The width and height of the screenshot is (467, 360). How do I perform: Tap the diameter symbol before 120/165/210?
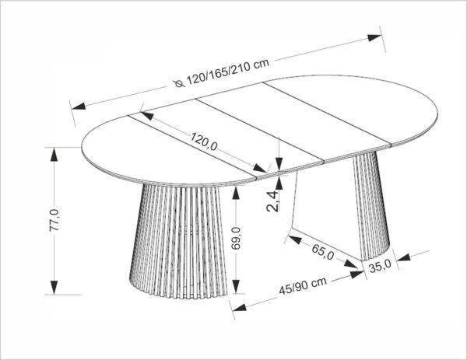tap(179, 84)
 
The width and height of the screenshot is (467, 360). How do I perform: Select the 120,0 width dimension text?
tap(204, 142)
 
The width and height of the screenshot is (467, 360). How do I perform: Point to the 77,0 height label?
tap(54, 220)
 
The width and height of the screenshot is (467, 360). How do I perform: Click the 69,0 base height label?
tap(236, 238)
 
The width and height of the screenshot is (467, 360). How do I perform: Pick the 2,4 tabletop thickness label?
tap(273, 201)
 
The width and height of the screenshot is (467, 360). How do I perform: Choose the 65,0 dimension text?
tap(323, 252)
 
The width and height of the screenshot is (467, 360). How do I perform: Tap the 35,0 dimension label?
tap(380, 267)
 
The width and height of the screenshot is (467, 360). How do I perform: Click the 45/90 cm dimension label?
tap(303, 286)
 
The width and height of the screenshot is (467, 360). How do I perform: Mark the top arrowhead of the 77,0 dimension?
tap(54, 155)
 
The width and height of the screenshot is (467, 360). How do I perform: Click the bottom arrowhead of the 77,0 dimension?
tap(54, 288)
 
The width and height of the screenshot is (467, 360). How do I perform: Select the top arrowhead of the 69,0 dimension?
tap(236, 194)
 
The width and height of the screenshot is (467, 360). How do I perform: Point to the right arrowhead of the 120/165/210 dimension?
tap(374, 37)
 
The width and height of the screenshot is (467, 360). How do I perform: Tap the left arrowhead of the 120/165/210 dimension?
tap(79, 106)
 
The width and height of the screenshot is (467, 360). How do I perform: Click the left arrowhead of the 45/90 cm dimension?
tap(239, 308)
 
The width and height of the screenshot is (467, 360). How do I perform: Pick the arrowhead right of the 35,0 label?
tap(404, 257)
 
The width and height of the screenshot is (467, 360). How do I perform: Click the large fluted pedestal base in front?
tap(178, 241)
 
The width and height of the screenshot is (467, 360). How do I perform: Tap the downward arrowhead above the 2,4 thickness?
tap(279, 163)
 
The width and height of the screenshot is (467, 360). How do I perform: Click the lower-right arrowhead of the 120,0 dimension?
tap(260, 168)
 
